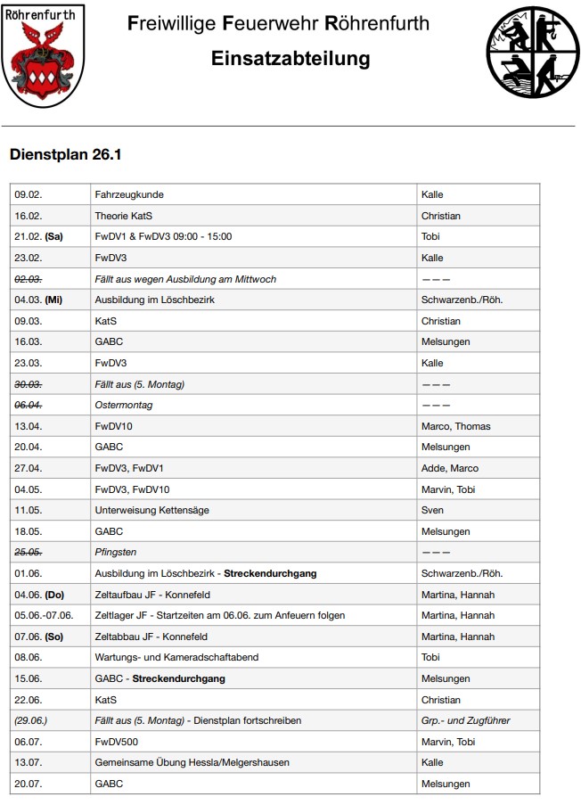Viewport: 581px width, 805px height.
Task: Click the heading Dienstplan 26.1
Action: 65,154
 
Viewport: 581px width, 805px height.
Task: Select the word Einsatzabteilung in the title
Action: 290,59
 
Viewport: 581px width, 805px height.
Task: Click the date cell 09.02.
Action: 29,194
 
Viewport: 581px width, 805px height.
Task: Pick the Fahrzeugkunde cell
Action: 129,194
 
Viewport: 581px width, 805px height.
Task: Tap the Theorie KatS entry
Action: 129,216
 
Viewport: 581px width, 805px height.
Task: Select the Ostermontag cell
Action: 124,405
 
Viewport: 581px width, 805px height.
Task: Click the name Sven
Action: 432,510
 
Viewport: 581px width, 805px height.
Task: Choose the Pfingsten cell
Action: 116,552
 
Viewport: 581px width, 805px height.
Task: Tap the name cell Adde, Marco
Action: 449,468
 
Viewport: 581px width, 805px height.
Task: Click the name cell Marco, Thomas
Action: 455,426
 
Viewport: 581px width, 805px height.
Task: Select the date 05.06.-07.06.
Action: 44,615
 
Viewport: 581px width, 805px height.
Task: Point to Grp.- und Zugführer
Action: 465,720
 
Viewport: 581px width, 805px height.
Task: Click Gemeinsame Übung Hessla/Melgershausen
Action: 192,762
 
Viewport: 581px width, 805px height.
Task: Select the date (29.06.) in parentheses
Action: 30,720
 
